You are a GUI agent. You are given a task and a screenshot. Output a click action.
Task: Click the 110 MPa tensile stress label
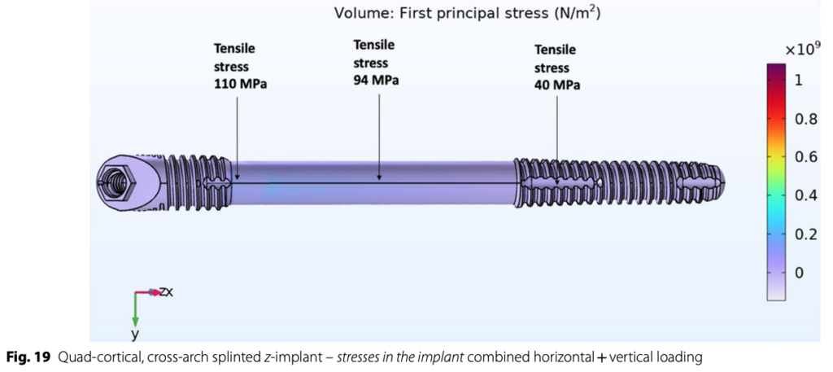[240, 67]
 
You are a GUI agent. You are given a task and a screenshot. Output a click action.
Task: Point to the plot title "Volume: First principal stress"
[467, 13]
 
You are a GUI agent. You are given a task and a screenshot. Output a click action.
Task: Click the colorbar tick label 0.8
[805, 119]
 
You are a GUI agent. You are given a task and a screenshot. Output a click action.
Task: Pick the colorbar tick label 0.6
[805, 157]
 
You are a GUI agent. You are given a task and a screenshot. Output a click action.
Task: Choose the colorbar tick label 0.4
[805, 195]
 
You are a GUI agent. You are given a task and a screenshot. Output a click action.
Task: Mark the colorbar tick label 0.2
[805, 234]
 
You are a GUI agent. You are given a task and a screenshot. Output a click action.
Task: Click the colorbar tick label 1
[799, 80]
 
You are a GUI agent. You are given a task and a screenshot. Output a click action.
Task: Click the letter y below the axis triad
[136, 334]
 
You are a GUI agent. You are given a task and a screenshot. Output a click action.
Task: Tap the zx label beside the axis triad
[165, 291]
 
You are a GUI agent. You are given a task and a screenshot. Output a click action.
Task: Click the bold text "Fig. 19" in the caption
[28, 357]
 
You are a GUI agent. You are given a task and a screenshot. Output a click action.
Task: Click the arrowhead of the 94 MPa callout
[380, 176]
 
